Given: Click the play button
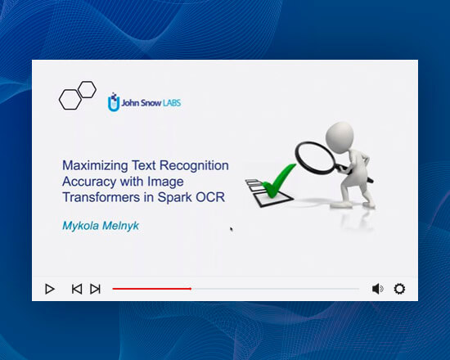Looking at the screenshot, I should (x=50, y=289).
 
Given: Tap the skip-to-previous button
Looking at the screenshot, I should (x=76, y=289).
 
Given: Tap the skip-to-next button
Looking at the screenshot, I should (x=96, y=289).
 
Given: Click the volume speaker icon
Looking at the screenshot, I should (x=377, y=289).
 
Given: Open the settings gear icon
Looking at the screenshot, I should (x=399, y=289).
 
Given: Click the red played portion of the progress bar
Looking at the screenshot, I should (x=151, y=289).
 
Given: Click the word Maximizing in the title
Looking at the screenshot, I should (x=94, y=166).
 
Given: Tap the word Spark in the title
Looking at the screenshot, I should (x=175, y=198).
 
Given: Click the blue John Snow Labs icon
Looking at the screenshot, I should (x=114, y=103).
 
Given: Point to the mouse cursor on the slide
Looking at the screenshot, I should (x=232, y=229).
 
